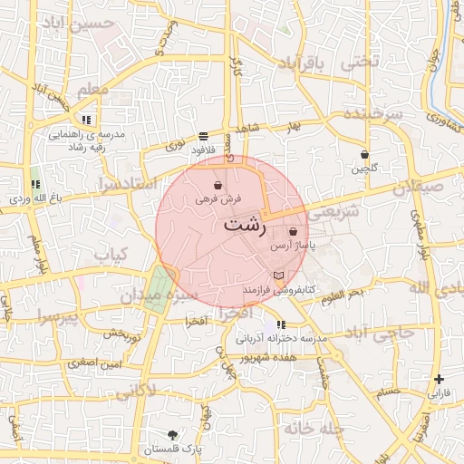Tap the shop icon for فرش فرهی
pyautogui.click(x=218, y=185)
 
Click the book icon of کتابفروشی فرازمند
pyautogui.click(x=278, y=275)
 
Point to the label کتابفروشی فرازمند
pyautogui.click(x=277, y=288)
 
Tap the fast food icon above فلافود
pyautogui.click(x=202, y=135)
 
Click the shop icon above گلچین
pyautogui.click(x=364, y=155)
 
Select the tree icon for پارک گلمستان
pyautogui.click(x=172, y=435)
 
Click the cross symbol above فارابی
pyautogui.click(x=440, y=380)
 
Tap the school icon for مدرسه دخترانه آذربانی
pyautogui.click(x=281, y=324)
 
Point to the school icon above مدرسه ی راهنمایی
pyautogui.click(x=86, y=120)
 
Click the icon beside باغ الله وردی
pyautogui.click(x=35, y=185)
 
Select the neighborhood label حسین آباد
pyautogui.click(x=82, y=24)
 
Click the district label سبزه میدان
pyautogui.click(x=153, y=295)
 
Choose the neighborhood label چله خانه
pyautogui.click(x=313, y=427)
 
